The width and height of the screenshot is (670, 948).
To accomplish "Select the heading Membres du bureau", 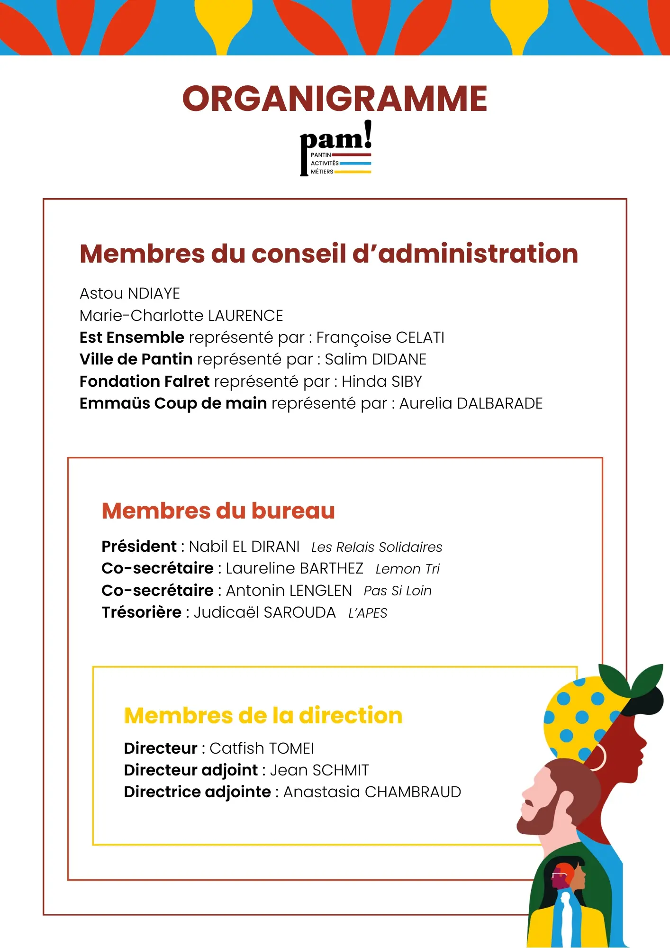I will [218, 511].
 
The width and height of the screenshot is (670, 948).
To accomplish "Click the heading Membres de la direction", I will [263, 716].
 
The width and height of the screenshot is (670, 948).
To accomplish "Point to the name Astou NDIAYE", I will [130, 293].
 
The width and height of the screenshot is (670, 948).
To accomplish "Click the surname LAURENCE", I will [245, 316].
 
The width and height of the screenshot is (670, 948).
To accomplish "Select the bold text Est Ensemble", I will [132, 337].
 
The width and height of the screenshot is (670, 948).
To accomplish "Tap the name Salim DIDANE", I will [375, 359].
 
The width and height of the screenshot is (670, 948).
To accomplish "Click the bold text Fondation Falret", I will [145, 382].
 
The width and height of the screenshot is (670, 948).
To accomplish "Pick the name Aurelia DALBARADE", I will [471, 403].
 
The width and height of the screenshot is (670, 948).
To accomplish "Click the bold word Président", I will [139, 547].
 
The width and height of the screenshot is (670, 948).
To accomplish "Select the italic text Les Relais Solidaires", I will [377, 547].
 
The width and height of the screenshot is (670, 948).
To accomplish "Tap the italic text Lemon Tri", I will [407, 569].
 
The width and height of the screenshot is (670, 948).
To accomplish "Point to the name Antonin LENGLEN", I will [289, 591].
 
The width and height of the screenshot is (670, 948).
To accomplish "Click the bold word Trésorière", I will [141, 612].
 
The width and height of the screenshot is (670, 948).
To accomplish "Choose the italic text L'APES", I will [368, 613].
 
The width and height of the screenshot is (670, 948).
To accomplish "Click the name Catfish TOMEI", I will [262, 748].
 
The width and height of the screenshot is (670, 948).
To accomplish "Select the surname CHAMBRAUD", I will [413, 792].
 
